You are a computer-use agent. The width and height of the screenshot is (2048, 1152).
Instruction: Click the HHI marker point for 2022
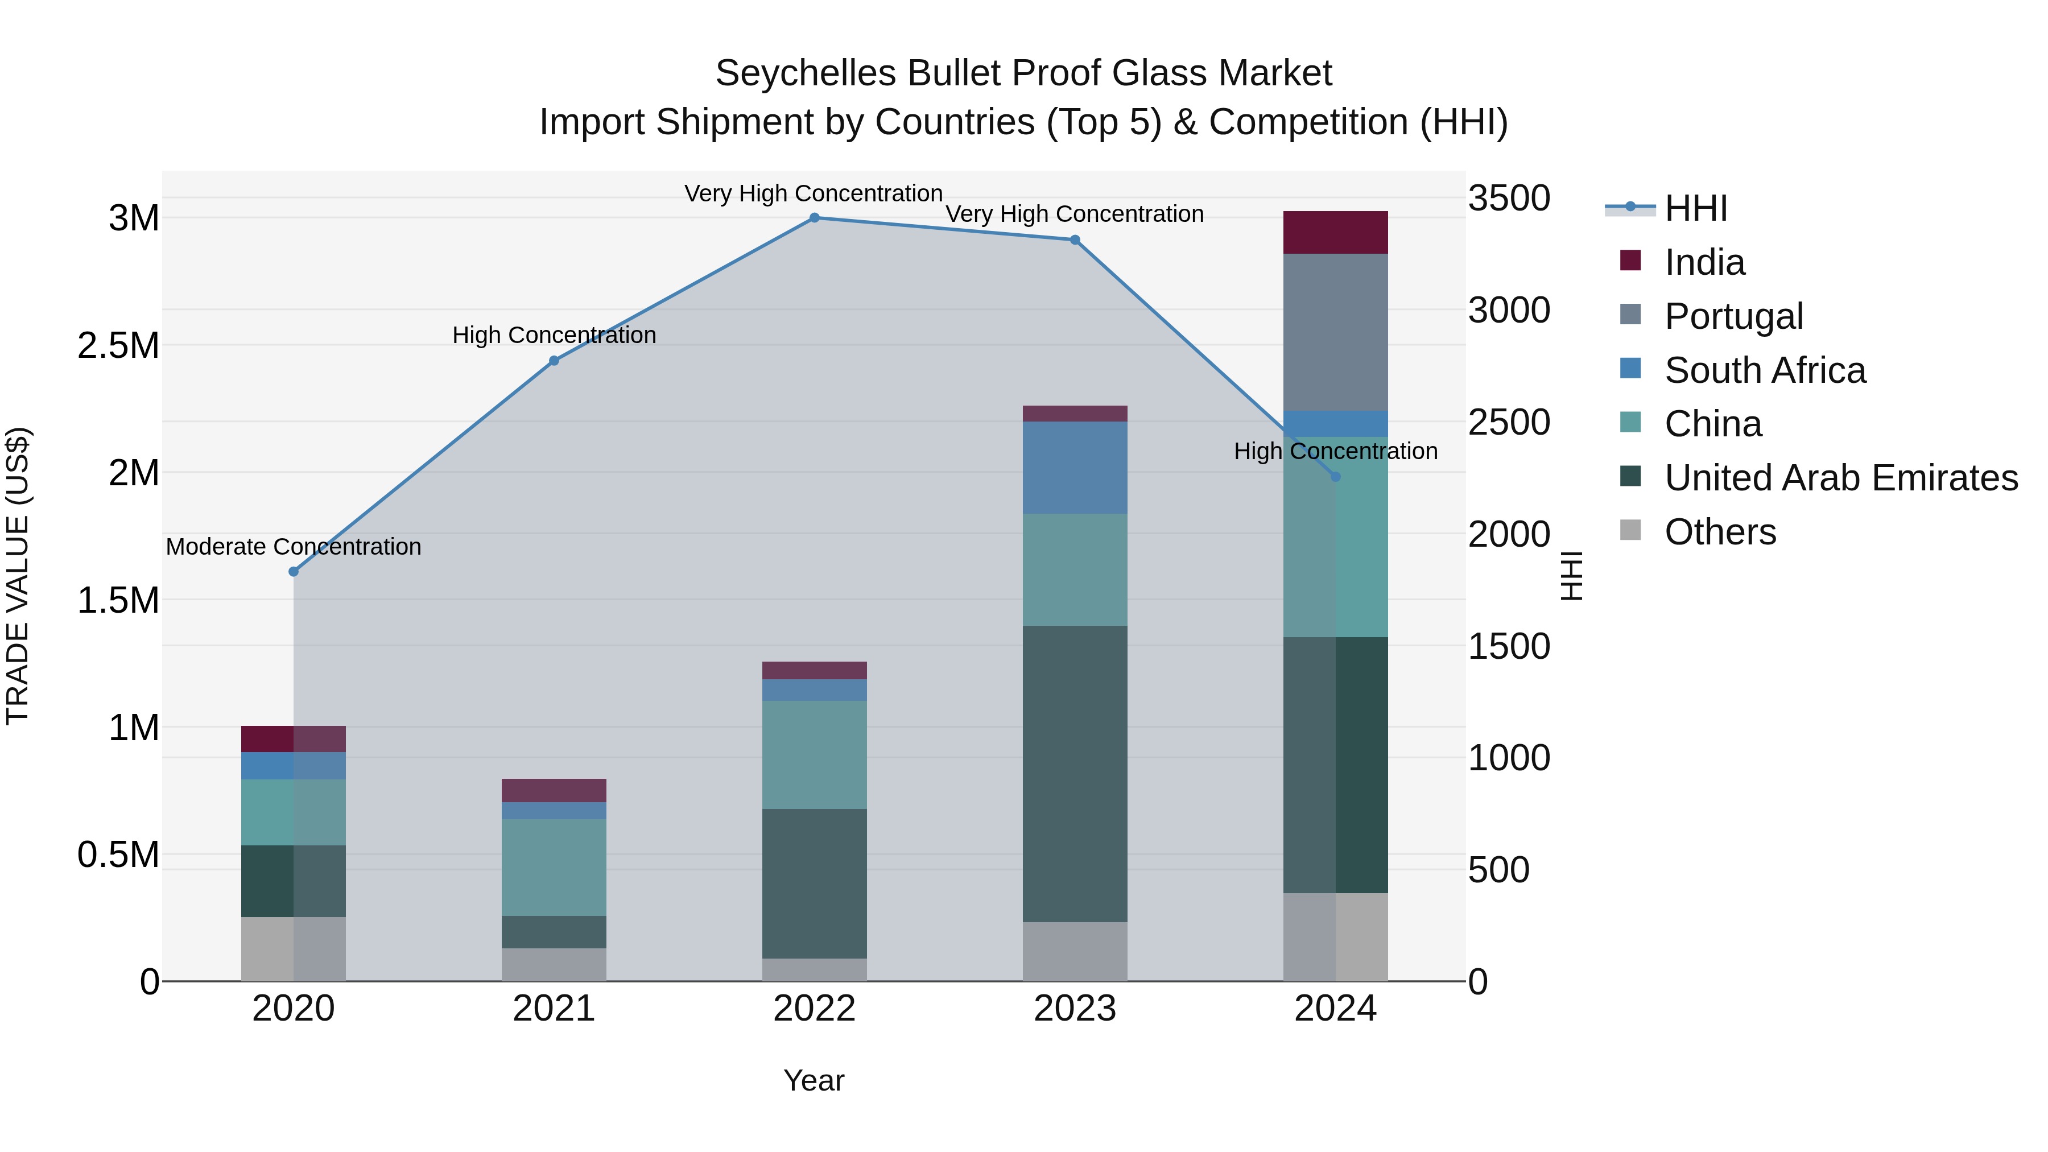coord(814,218)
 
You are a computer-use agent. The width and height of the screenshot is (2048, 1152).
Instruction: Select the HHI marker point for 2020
coord(294,572)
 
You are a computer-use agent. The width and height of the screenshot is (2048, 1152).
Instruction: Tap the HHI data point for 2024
coord(1336,477)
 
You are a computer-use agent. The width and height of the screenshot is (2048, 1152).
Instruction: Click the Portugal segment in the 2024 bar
coord(1336,332)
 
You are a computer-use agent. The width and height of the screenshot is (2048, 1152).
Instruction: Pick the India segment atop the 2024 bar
coord(1336,232)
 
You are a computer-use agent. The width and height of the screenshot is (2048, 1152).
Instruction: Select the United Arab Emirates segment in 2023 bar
coord(1075,774)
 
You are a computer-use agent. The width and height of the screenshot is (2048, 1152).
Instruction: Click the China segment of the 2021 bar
coord(554,868)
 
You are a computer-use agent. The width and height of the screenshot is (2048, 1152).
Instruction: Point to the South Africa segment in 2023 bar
coord(1075,468)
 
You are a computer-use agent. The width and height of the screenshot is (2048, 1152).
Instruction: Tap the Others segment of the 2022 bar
coord(814,970)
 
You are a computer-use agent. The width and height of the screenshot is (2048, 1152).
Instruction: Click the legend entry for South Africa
coord(1764,370)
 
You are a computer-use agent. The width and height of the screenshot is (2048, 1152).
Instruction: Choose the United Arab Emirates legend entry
coord(1840,478)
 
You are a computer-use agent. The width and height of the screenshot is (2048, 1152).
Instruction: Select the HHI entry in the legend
coord(1695,208)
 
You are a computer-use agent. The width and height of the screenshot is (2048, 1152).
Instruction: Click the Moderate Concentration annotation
coord(294,547)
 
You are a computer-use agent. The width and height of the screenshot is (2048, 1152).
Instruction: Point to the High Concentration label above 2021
coord(554,336)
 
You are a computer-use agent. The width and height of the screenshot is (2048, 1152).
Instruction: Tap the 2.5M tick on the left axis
coord(118,346)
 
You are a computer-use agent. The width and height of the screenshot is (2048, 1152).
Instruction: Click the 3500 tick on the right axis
coord(1508,198)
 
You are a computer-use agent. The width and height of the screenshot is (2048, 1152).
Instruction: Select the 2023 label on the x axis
coord(1075,1009)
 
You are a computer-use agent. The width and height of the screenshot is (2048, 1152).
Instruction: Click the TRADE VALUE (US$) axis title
coord(18,576)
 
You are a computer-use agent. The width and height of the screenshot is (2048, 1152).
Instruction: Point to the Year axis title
coord(814,1080)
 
